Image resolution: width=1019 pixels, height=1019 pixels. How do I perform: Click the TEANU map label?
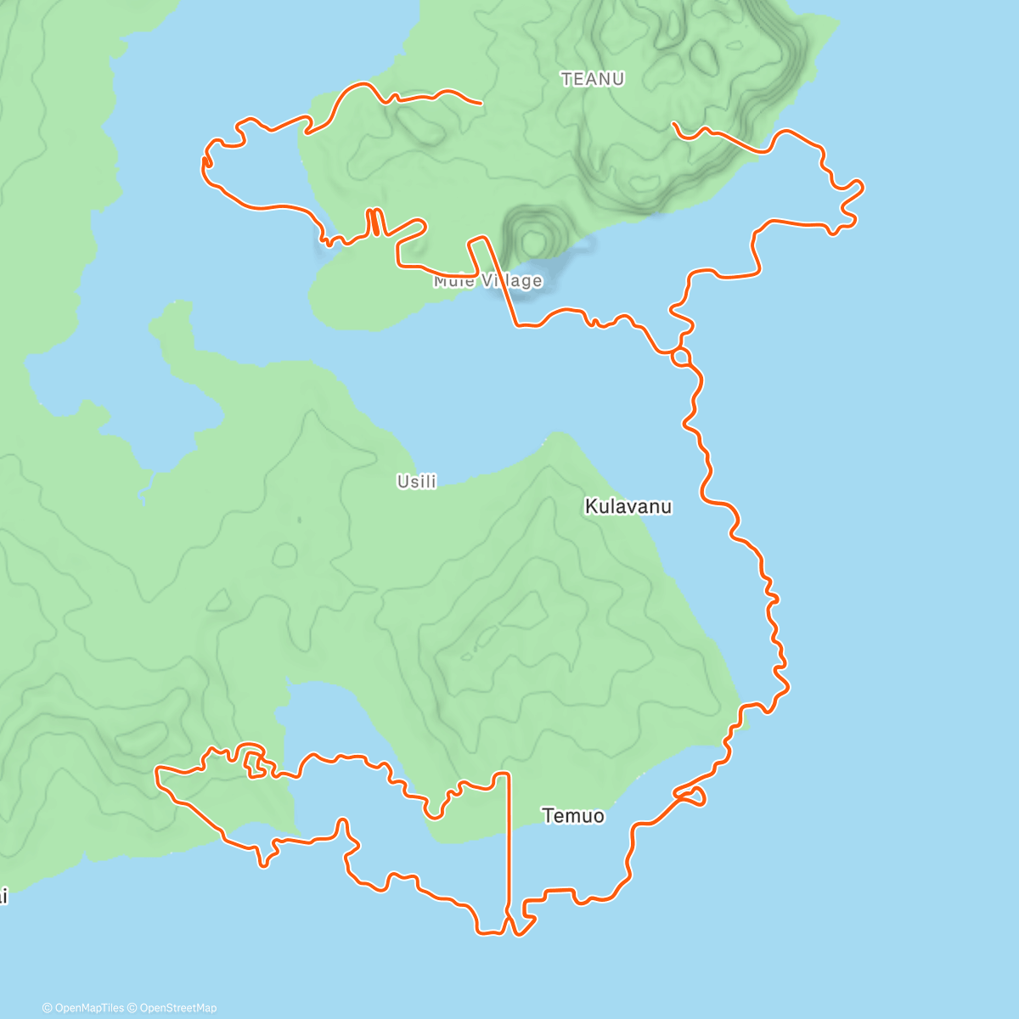(x=593, y=79)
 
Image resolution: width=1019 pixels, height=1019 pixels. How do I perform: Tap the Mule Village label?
(x=487, y=281)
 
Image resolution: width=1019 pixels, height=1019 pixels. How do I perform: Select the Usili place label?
(x=417, y=481)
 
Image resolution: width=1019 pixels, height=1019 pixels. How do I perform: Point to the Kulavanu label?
(x=628, y=507)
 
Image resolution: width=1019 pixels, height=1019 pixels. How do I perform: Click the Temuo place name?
(x=573, y=816)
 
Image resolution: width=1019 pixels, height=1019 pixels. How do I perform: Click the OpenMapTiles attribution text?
(x=88, y=1008)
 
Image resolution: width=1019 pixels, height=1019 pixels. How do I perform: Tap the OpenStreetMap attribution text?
(x=177, y=1008)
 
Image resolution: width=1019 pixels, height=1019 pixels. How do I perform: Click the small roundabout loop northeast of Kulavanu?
(x=681, y=357)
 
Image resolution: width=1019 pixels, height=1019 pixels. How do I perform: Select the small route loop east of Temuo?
(x=691, y=796)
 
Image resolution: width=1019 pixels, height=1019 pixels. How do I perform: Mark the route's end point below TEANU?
(x=673, y=124)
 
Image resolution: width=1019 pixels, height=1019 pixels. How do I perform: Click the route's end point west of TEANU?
(x=481, y=103)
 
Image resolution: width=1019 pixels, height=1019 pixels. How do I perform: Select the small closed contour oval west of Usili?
(x=284, y=555)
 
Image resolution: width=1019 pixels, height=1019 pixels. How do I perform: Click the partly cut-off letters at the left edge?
(x=3, y=896)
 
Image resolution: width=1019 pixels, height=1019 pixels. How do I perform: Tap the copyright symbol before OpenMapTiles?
(x=48, y=1008)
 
